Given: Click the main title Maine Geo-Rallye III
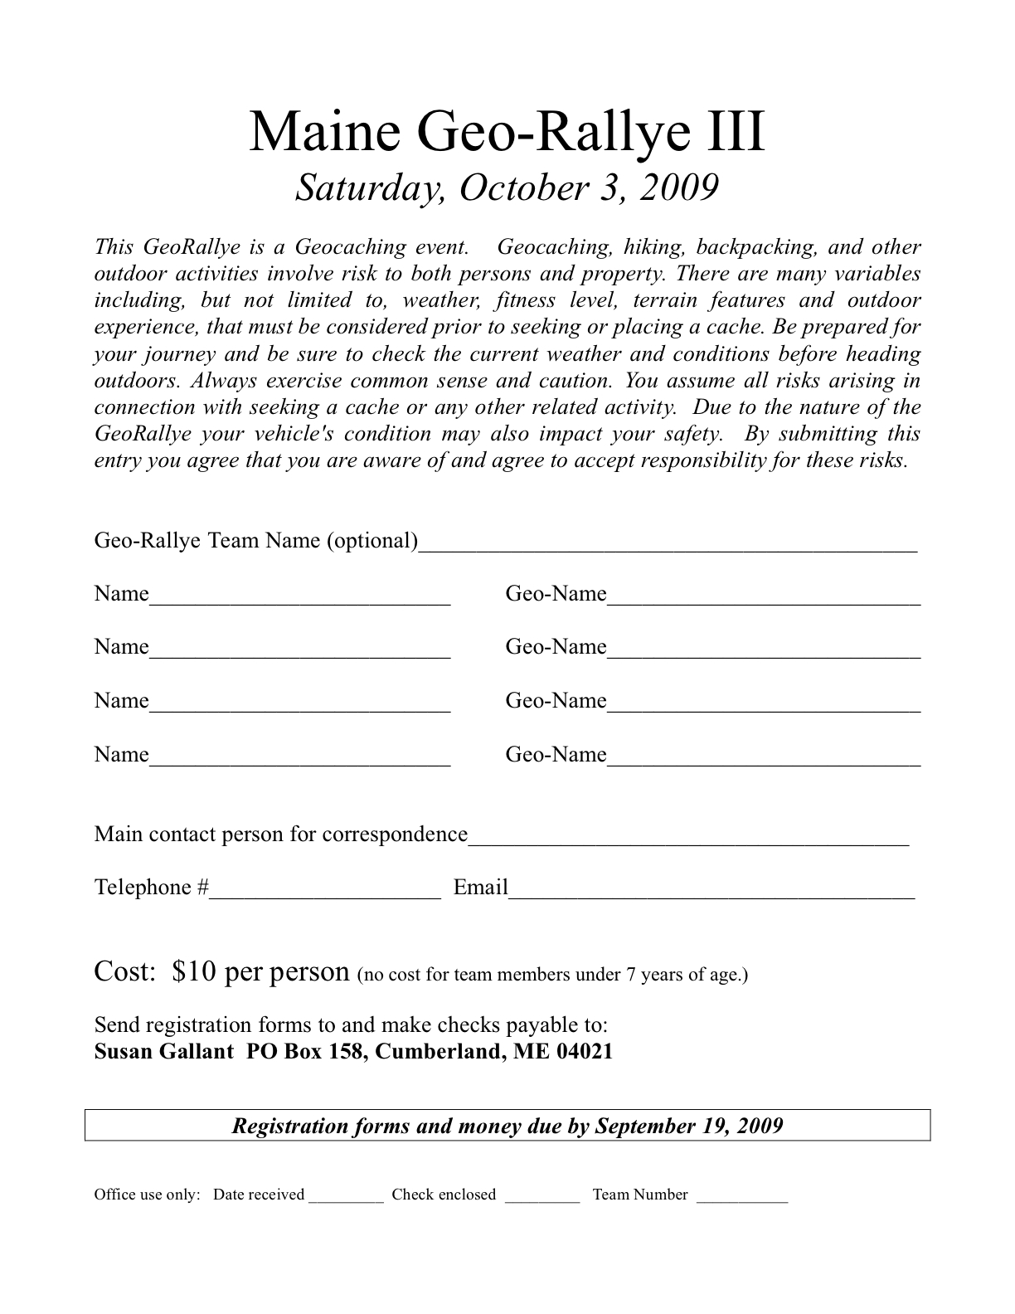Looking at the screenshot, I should pyautogui.click(x=507, y=133).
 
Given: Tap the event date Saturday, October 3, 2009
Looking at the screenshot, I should pyautogui.click(x=507, y=188).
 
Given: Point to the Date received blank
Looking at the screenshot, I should pyautogui.click(x=346, y=1198).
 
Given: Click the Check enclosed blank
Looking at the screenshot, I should pyautogui.click(x=541, y=1198).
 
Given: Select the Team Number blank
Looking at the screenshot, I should pyautogui.click(x=742, y=1198).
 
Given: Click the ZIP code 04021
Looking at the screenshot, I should pyautogui.click(x=584, y=1052).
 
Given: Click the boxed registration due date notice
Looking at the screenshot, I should pyautogui.click(x=507, y=1126).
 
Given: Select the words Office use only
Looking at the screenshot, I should pyautogui.click(x=147, y=1195).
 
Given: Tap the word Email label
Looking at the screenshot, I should pyautogui.click(x=480, y=888).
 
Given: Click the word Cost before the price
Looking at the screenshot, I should pyautogui.click(x=125, y=971).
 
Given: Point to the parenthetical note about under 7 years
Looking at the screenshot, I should pyautogui.click(x=552, y=975).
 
